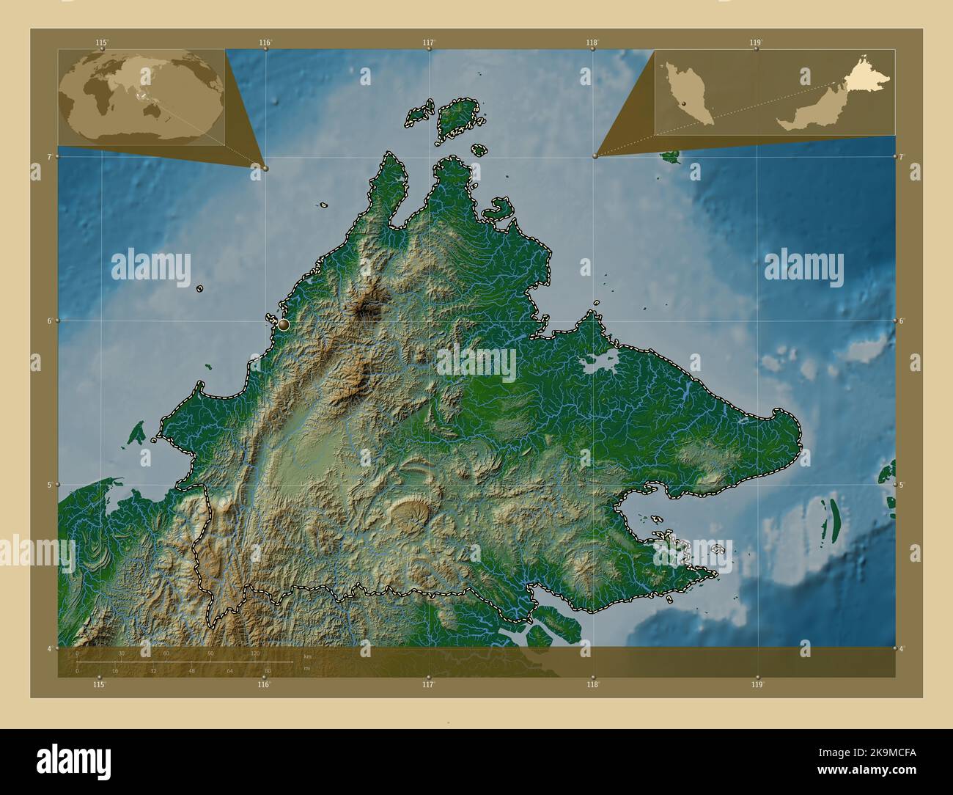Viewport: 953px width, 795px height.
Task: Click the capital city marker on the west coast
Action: point(284,323)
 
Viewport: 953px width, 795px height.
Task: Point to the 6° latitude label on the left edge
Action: point(50,320)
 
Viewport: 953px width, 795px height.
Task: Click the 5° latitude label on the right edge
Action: point(902,485)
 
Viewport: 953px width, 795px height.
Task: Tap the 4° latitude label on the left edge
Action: point(50,648)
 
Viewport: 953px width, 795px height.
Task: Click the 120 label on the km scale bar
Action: point(255,653)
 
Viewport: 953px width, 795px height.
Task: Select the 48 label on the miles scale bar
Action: point(191,670)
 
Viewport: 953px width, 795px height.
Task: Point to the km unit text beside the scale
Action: point(307,656)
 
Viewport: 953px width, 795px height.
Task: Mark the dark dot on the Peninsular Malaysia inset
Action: point(685,105)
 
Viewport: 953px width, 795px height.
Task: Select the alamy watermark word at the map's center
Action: point(476,361)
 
